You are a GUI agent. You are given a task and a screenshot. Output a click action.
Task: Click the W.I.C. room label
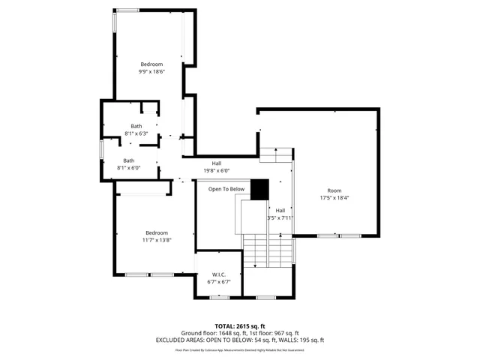219,274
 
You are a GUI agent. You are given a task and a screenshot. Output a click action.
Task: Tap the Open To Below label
226,189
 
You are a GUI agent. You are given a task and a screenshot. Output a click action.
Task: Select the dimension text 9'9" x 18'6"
151,72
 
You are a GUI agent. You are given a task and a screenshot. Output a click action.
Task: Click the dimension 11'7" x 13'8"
157,240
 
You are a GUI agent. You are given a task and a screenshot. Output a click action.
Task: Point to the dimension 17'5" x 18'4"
334,198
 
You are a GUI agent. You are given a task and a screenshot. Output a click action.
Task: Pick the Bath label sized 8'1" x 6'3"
136,126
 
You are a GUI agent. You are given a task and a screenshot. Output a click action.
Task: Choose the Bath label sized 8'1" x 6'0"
129,160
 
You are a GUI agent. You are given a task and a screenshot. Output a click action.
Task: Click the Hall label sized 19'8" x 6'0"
216,163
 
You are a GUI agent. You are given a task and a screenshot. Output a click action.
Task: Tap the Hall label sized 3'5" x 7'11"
280,210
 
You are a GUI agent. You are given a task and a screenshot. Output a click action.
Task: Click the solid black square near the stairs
259,190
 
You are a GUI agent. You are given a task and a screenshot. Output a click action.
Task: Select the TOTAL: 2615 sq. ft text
240,326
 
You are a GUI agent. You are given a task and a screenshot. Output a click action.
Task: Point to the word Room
334,190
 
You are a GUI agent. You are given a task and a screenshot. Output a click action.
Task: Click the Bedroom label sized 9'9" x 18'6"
151,64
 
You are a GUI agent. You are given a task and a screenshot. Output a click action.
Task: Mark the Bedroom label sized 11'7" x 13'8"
157,232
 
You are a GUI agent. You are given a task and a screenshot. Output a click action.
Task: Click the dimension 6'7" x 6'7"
219,282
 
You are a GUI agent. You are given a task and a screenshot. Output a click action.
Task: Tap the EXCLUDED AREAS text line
240,340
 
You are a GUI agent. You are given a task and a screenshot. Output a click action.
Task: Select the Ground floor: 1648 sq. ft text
211,333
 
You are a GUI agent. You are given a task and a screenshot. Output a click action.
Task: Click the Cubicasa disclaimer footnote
240,349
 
